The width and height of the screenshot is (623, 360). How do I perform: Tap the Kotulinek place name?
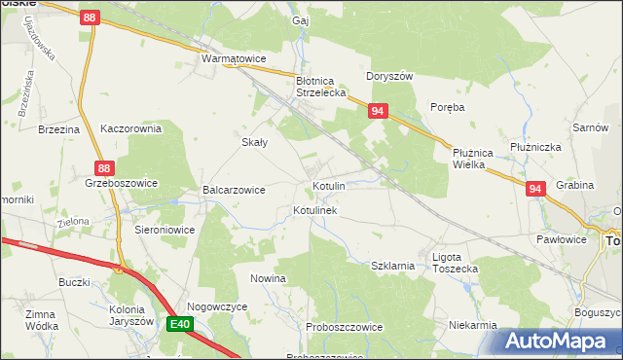314,210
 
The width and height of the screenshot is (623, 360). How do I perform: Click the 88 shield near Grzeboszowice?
105,166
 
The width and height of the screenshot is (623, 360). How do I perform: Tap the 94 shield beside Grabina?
534,190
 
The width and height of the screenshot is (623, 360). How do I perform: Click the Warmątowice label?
234,59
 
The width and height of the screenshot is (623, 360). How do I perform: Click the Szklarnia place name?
393,265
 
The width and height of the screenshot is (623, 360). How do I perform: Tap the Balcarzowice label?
234,190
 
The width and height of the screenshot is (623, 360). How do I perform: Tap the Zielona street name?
73,222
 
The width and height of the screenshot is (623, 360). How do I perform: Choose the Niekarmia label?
473,325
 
